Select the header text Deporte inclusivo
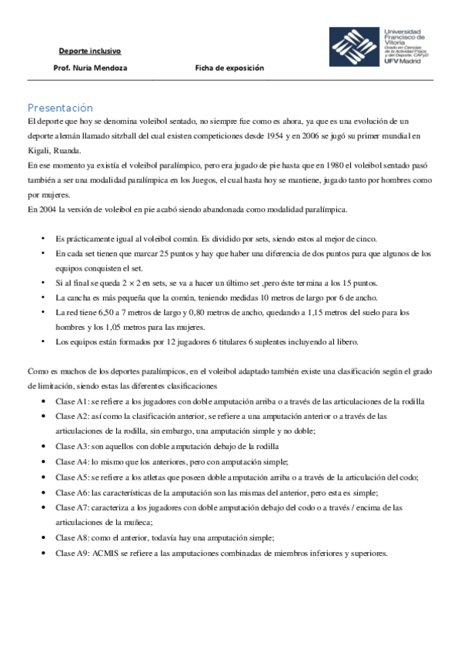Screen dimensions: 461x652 tap(90, 52)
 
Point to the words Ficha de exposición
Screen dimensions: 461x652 tap(229, 68)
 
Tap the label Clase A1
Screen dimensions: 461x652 tap(72, 401)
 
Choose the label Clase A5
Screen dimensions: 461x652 tap(72, 477)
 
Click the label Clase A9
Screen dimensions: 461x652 tap(72, 554)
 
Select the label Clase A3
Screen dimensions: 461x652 tap(72, 446)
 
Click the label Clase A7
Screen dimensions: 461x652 tap(72, 507)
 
